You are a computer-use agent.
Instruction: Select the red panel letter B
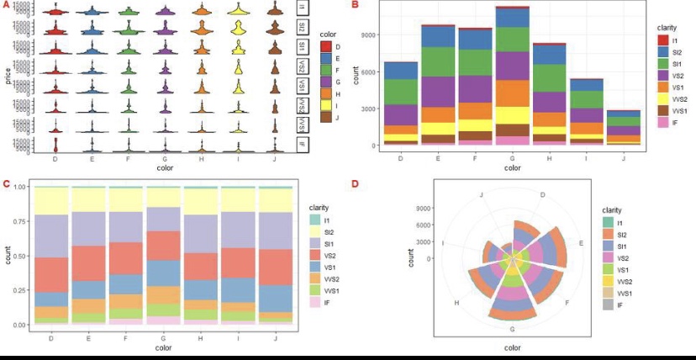tap(355, 5)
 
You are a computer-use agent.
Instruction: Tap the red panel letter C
tap(7, 183)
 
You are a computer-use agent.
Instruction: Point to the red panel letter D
tap(355, 183)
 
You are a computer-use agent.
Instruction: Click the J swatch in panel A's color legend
tap(326, 117)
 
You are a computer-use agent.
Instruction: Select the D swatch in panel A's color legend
tap(326, 46)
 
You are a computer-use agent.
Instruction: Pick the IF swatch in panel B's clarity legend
tap(663, 123)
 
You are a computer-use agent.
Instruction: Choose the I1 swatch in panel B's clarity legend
tap(663, 40)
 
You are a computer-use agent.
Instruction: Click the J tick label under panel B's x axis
tap(623, 156)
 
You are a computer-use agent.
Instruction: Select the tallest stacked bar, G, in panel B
tap(512, 76)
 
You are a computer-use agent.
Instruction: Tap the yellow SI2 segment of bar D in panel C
tap(52, 201)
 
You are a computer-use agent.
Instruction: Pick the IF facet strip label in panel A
tap(303, 144)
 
